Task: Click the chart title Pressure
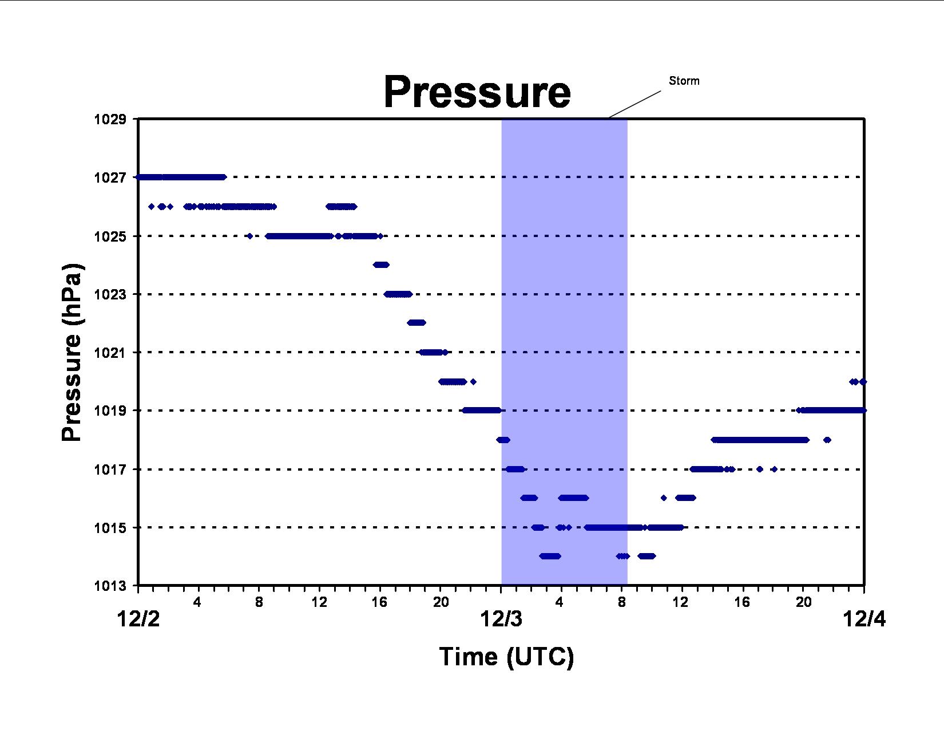[477, 92]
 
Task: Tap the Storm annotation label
[684, 81]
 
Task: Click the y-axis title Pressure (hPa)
[72, 352]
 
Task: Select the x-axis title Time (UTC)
[506, 657]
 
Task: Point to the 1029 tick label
[110, 119]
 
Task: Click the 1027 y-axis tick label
[110, 177]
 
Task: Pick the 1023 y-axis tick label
[110, 294]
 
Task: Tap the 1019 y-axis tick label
[110, 411]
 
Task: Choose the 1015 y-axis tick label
[110, 528]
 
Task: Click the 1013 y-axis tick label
[110, 586]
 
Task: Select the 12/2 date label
[138, 619]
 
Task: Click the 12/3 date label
[501, 619]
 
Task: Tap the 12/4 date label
[864, 619]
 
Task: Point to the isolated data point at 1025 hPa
[250, 236]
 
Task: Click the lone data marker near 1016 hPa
[663, 498]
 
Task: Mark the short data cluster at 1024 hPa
[381, 265]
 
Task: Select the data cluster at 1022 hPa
[417, 322]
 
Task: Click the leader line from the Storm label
[634, 104]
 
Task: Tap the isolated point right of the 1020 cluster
[473, 382]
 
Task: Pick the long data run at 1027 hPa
[181, 177]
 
